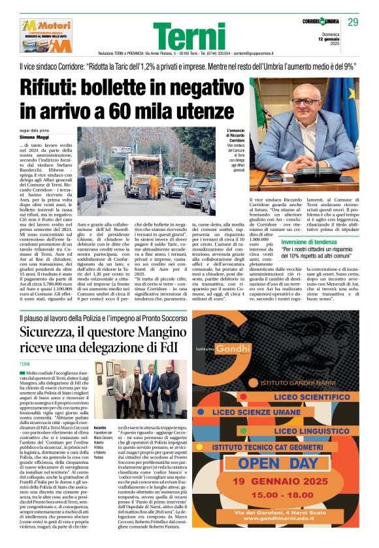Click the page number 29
click(x=354, y=23)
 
